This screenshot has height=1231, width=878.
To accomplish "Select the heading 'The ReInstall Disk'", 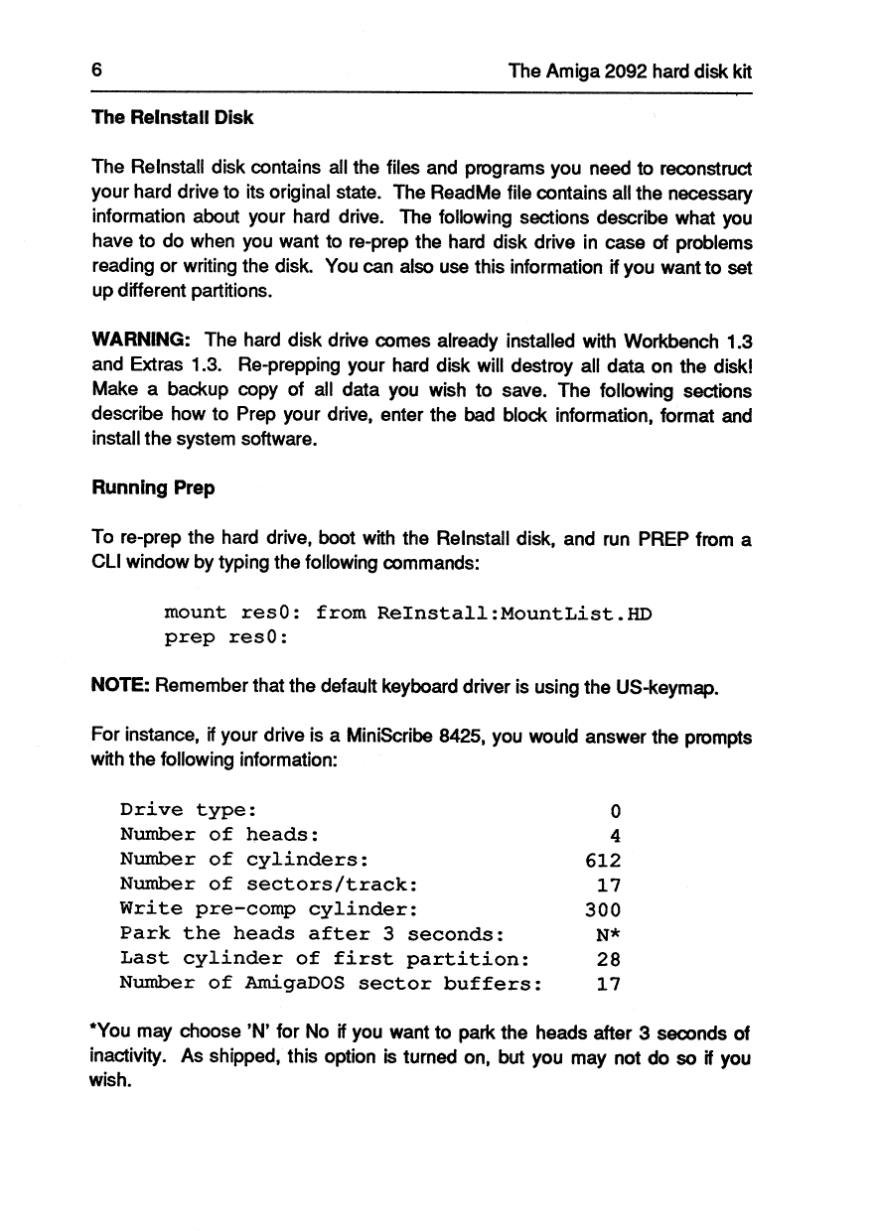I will point(172,117).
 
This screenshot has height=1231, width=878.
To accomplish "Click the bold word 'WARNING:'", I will point(141,340).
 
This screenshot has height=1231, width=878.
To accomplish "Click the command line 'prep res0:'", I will point(226,637).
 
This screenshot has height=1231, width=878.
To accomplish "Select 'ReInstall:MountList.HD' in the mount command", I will point(514,614).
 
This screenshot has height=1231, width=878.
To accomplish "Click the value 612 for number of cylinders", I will point(604,860).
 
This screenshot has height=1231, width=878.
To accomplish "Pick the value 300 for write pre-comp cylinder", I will point(604,909).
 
